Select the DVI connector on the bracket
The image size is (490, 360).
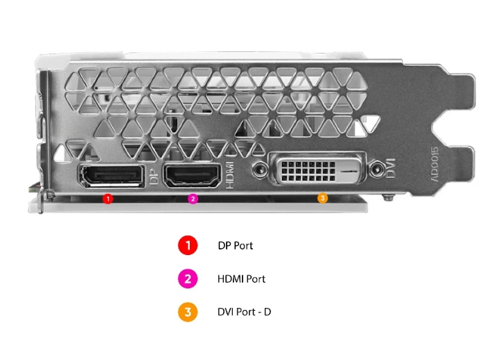[319, 169]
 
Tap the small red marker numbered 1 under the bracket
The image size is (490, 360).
[107, 199]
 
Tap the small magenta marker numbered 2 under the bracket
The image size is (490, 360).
[193, 199]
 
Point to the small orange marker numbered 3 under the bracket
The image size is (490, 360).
[322, 199]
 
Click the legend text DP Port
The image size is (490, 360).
[236, 246]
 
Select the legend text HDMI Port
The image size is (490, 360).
[241, 279]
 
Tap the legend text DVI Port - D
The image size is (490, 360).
[249, 312]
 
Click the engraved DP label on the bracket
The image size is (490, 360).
[155, 178]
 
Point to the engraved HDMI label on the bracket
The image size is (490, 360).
[232, 174]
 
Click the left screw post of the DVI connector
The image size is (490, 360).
[261, 168]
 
